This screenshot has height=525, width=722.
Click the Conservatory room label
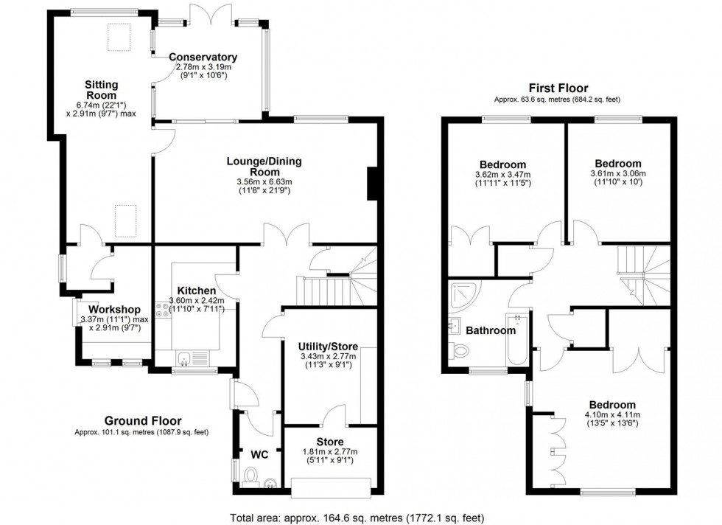(203, 58)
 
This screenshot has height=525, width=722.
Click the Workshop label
(113, 308)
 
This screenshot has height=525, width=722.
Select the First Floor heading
(557, 88)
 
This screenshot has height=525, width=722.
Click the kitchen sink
(186, 359)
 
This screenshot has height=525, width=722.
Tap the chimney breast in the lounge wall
(372, 183)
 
